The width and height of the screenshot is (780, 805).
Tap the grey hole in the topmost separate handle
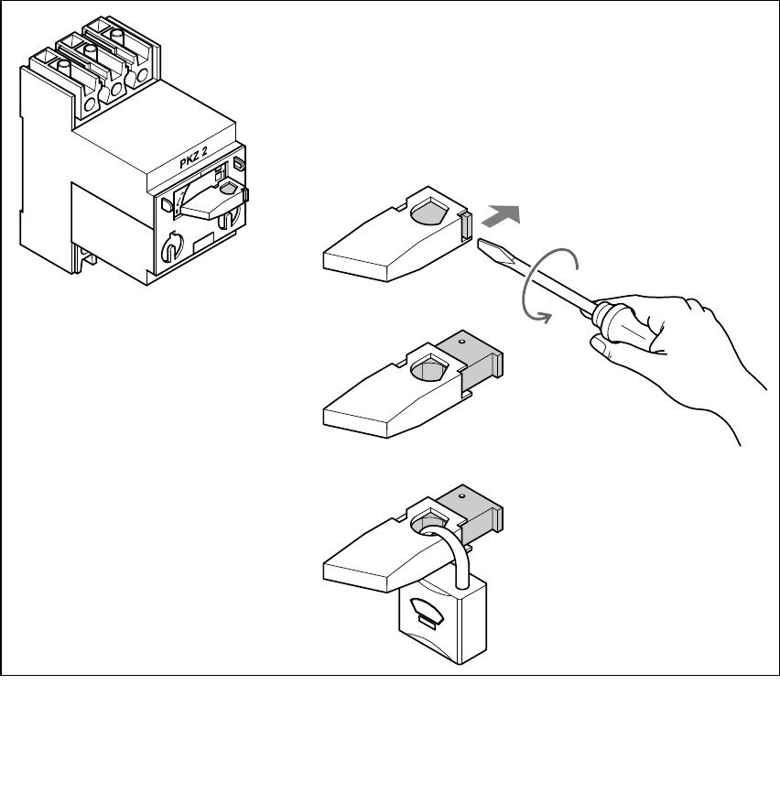430,212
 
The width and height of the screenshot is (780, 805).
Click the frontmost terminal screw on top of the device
62,66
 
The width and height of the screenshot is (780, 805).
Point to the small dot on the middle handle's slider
462,340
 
